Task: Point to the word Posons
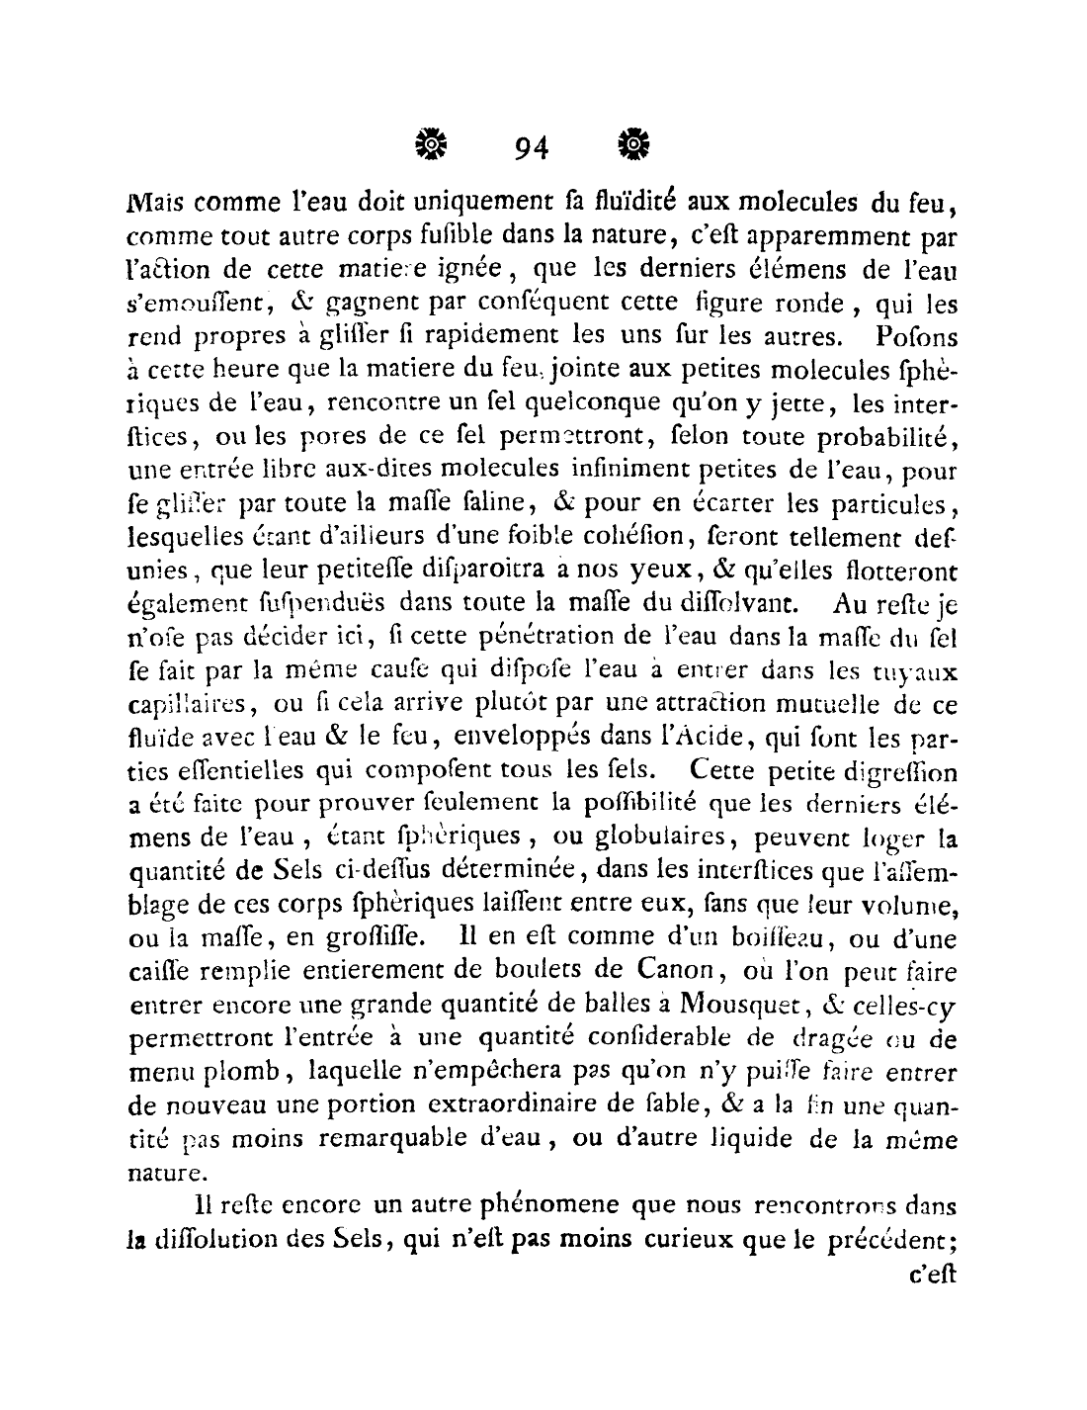point(916,335)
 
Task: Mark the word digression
point(900,769)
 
